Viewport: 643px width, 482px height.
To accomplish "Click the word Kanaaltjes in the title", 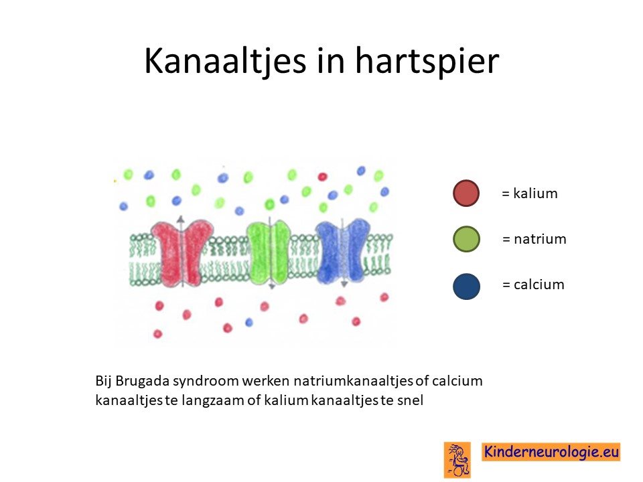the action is tap(225, 62).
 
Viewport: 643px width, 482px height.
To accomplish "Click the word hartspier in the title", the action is tap(427, 60).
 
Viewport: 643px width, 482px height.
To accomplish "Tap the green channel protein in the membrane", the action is tap(269, 252).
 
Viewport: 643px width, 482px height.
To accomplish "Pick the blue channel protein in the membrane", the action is tap(343, 251).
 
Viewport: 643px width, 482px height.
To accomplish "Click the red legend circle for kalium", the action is tap(466, 193).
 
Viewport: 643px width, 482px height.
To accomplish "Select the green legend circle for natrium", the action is tap(466, 239).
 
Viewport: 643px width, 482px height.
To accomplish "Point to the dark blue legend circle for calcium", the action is tap(466, 286).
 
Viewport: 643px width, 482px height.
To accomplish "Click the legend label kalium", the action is tap(535, 193).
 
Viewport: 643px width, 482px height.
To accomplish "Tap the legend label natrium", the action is tap(540, 238).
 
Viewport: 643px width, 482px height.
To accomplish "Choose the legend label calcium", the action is tap(539, 284).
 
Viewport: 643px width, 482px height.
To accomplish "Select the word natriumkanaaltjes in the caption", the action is tap(353, 381).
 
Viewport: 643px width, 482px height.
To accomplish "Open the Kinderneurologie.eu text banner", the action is tap(551, 451).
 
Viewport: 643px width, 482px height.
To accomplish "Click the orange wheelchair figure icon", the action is tap(457, 459).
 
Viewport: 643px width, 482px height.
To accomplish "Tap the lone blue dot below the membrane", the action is tap(249, 322).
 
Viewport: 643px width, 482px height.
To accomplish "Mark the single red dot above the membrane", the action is tap(322, 177).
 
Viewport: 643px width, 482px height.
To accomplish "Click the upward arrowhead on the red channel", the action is tap(180, 218).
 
